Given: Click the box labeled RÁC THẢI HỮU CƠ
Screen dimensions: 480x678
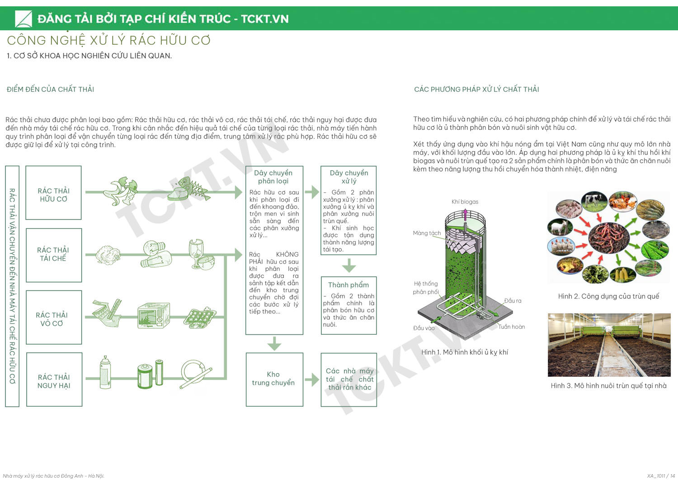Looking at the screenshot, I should pyautogui.click(x=53, y=193).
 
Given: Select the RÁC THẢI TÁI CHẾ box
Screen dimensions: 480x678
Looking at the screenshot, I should pyautogui.click(x=53, y=255).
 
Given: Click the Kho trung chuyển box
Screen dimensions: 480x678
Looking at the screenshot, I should pyautogui.click(x=274, y=379).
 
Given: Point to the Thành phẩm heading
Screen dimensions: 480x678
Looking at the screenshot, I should pyautogui.click(x=348, y=285).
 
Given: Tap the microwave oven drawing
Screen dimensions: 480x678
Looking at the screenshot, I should pyautogui.click(x=154, y=315).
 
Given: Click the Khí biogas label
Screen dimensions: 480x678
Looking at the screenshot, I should pyautogui.click(x=465, y=202).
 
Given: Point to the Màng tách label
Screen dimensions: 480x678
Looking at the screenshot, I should pyautogui.click(x=427, y=233).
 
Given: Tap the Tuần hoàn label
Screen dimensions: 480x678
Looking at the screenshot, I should pyautogui.click(x=512, y=327).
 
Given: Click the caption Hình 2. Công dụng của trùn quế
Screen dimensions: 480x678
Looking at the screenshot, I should pyautogui.click(x=608, y=296).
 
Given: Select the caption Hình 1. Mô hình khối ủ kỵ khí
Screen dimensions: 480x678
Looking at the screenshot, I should pyautogui.click(x=465, y=352).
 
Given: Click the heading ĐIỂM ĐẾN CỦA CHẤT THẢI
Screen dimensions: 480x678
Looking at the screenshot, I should pyautogui.click(x=51, y=89).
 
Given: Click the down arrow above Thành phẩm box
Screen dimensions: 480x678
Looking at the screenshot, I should pyautogui.click(x=348, y=265).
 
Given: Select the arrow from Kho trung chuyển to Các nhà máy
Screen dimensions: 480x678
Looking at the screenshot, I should pyautogui.click(x=312, y=379).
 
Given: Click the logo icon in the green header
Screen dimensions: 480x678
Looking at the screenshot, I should pyautogui.click(x=24, y=19).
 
